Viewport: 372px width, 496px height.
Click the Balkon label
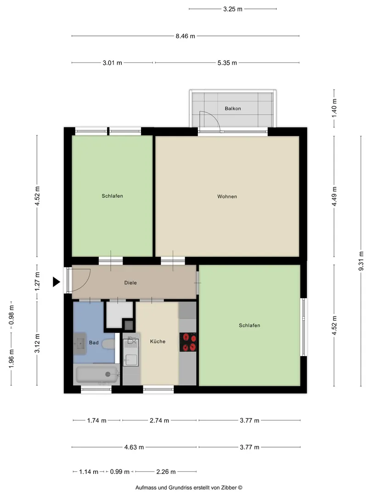coord(233,108)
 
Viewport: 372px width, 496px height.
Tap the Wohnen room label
coord(227,197)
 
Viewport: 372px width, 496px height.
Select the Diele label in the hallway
coord(130,283)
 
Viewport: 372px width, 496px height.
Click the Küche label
coord(158,341)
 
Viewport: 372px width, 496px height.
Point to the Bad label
coord(94,343)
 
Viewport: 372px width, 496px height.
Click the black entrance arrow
coord(56,282)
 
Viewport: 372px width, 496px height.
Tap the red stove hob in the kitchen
coord(188,342)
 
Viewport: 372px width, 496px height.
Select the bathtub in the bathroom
coord(97,374)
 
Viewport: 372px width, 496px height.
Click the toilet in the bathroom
coord(108,344)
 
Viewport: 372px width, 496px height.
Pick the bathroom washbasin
coord(80,344)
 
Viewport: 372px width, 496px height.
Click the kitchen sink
coord(130,351)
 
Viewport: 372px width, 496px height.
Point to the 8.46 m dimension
coord(186,36)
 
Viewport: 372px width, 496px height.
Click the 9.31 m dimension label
coord(361,261)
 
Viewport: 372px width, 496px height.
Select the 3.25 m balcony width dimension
coord(233,9)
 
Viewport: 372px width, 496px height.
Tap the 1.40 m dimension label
coord(334,108)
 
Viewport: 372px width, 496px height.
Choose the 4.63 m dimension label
coord(134,447)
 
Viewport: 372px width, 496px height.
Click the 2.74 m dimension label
coord(159,420)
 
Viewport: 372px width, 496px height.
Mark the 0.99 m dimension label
coord(120,472)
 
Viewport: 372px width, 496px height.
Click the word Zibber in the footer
coord(228,488)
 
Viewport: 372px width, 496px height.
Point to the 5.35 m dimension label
coord(227,63)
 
